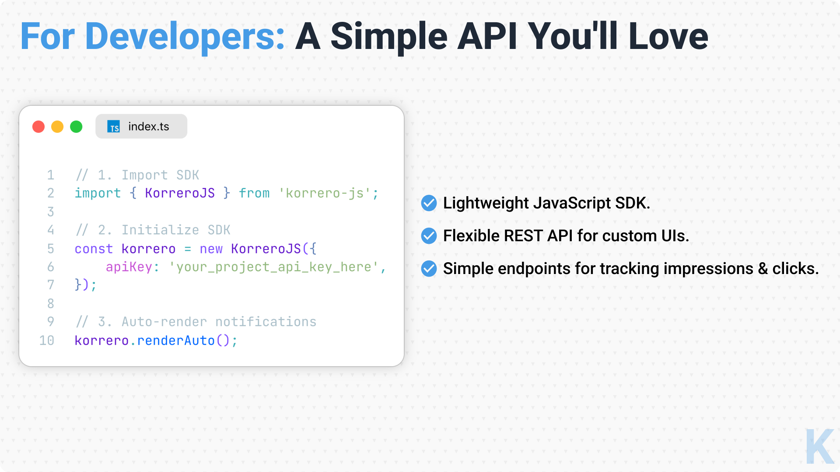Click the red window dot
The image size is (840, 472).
pyautogui.click(x=38, y=127)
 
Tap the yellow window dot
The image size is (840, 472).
pyautogui.click(x=57, y=127)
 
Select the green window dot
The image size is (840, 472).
pyautogui.click(x=76, y=127)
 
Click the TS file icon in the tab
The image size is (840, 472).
pyautogui.click(x=114, y=127)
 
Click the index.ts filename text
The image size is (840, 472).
pyautogui.click(x=149, y=126)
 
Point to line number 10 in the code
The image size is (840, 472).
pyautogui.click(x=47, y=340)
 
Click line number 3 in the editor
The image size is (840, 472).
pyautogui.click(x=51, y=212)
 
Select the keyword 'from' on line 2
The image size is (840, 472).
pyautogui.click(x=254, y=193)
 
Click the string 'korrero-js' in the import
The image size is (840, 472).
pyautogui.click(x=325, y=193)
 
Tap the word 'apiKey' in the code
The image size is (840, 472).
pyautogui.click(x=129, y=267)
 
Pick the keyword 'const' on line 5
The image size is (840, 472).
pyautogui.click(x=94, y=249)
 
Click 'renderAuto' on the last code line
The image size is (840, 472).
pyautogui.click(x=176, y=340)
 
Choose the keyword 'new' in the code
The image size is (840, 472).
pyautogui.click(x=211, y=249)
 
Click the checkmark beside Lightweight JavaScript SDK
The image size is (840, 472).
pyautogui.click(x=429, y=203)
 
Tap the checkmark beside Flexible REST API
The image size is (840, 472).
pyautogui.click(x=429, y=236)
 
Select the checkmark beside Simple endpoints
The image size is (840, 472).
pyautogui.click(x=429, y=268)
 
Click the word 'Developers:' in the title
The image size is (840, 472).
pyautogui.click(x=185, y=37)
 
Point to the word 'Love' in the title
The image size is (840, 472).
pyautogui.click(x=668, y=36)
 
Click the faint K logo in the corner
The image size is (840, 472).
pyautogui.click(x=819, y=446)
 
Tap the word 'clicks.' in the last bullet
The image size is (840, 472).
pyautogui.click(x=795, y=268)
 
